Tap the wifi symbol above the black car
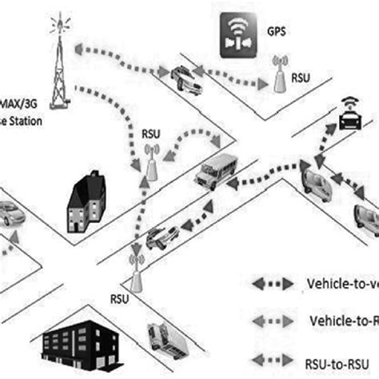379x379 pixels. [x=349, y=102]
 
